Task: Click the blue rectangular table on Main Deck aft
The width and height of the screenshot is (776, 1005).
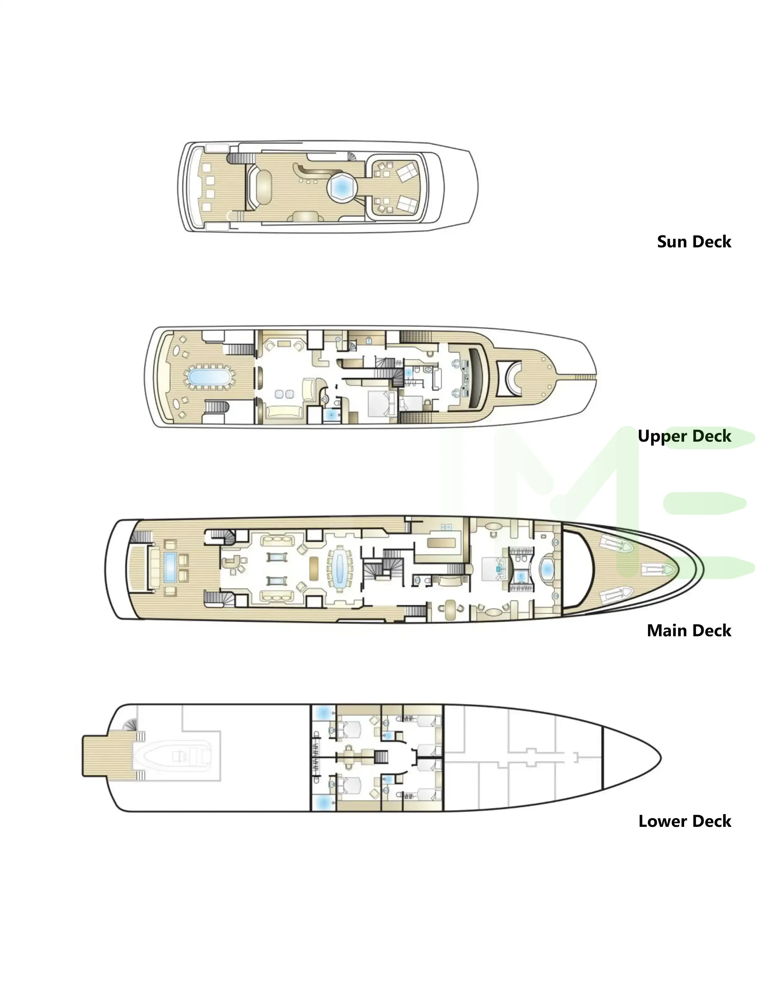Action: point(170,567)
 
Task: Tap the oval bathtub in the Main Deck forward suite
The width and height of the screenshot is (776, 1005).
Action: point(547,570)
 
